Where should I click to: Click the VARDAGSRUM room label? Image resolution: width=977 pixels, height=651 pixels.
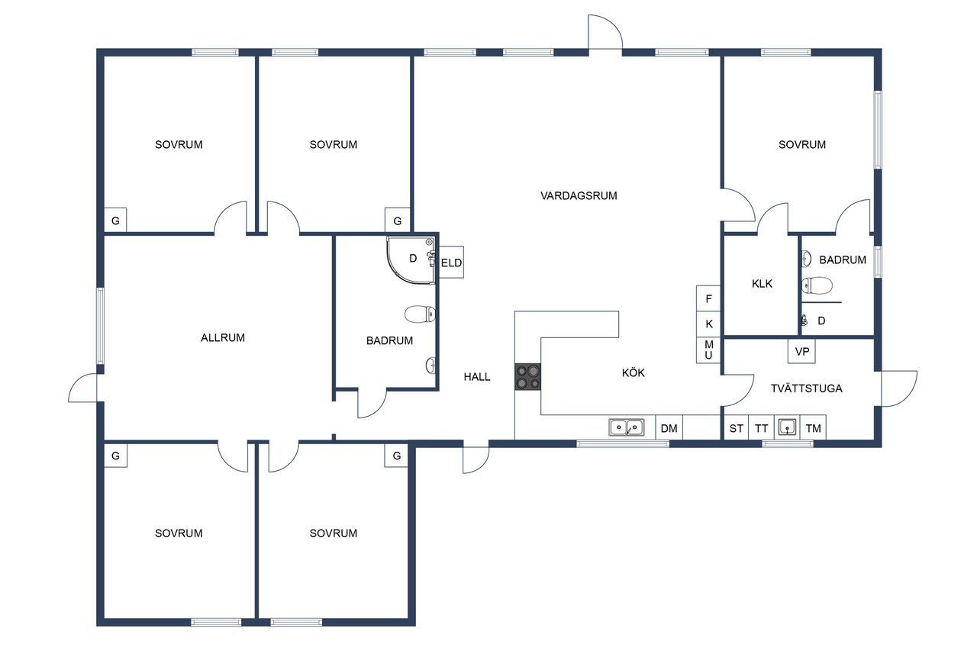(579, 196)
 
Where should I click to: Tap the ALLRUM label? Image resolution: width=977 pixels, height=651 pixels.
(222, 337)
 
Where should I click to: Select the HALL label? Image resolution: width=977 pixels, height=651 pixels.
(477, 377)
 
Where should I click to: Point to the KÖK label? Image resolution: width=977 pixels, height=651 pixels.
(633, 372)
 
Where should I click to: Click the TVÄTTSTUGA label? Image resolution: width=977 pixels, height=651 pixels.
(806, 388)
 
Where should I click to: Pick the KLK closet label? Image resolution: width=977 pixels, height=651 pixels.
(762, 284)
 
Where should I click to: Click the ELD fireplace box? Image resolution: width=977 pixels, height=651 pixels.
(451, 263)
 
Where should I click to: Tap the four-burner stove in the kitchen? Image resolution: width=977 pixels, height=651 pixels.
(527, 377)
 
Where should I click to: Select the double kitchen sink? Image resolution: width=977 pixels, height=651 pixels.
(627, 427)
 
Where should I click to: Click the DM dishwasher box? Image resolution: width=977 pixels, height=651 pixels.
(669, 427)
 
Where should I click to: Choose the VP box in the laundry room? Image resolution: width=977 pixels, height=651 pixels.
(801, 351)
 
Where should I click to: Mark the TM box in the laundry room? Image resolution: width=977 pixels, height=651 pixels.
(813, 427)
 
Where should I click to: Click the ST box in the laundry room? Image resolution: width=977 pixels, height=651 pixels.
(737, 427)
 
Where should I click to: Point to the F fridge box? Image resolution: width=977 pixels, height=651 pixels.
(708, 298)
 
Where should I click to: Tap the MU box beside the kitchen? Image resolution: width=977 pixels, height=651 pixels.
(708, 350)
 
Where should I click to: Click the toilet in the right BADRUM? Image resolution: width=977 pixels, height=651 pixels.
(817, 285)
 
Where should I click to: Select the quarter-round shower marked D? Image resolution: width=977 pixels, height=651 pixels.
(411, 261)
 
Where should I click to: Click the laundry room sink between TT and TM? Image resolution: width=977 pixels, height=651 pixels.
(787, 427)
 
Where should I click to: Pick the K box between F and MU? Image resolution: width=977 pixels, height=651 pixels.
(708, 324)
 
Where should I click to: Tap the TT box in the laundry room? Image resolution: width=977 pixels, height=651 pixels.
(762, 427)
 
